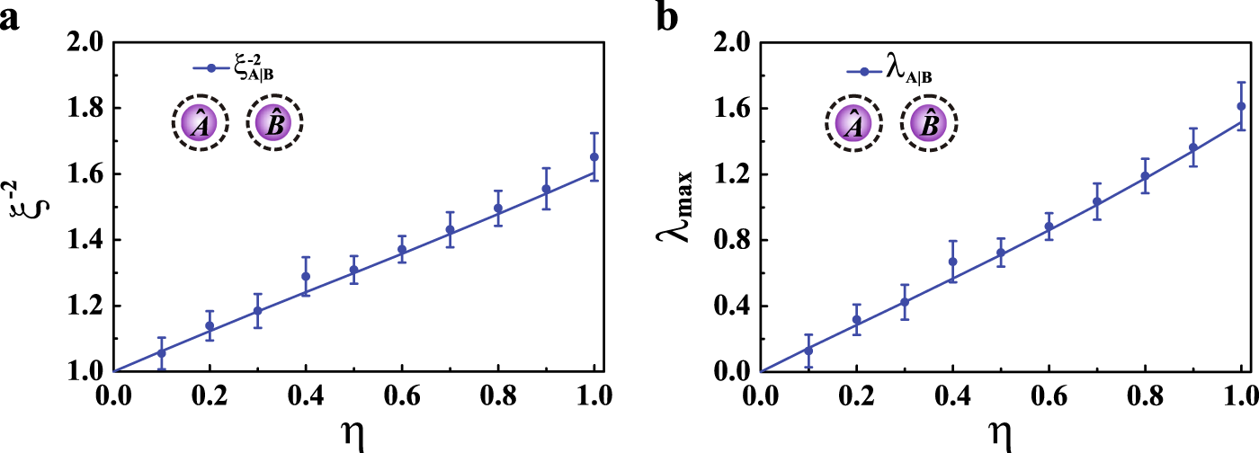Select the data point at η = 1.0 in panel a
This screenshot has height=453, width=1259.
pyautogui.click(x=594, y=156)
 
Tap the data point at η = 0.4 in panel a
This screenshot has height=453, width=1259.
pyautogui.click(x=305, y=276)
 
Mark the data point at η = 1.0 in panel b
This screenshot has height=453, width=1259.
pyautogui.click(x=1241, y=106)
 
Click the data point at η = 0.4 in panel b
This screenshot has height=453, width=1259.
pyautogui.click(x=952, y=262)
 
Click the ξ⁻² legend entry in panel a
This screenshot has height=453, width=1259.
pyautogui.click(x=234, y=68)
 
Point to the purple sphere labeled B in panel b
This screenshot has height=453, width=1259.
pyautogui.click(x=928, y=123)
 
